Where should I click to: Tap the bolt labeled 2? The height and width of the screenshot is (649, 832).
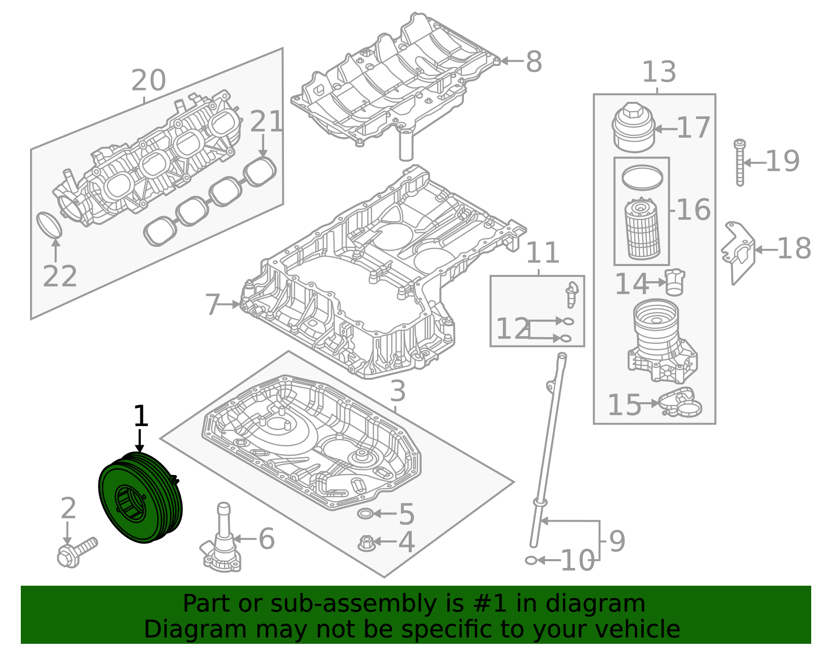click(x=77, y=552)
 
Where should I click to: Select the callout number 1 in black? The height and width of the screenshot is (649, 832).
click(x=140, y=417)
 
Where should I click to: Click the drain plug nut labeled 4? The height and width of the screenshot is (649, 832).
click(x=366, y=543)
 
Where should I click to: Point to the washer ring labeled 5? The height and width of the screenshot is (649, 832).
click(x=366, y=514)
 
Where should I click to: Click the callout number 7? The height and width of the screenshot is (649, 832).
click(x=212, y=305)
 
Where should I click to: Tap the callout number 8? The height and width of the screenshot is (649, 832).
click(x=534, y=62)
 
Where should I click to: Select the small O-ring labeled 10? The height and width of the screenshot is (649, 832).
click(x=531, y=560)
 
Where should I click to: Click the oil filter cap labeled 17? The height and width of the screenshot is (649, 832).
click(x=633, y=128)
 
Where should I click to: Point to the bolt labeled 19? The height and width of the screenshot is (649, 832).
click(x=739, y=162)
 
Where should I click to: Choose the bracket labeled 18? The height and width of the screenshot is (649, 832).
click(x=738, y=252)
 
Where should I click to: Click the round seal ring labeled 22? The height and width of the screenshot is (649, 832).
click(x=49, y=224)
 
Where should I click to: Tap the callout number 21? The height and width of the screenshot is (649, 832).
click(x=267, y=123)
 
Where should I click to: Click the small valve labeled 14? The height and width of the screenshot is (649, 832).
click(x=674, y=282)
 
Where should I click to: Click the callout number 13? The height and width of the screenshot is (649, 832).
click(x=658, y=72)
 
